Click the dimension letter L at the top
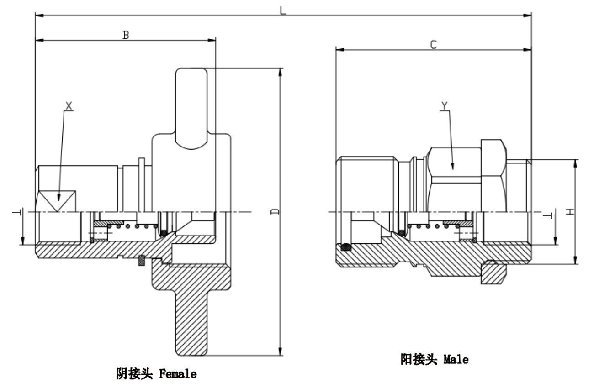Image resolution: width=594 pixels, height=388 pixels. pyautogui.click(x=283, y=10)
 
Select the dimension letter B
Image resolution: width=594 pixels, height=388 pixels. pyautogui.click(x=126, y=35)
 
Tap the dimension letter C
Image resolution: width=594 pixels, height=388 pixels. pyautogui.click(x=434, y=44)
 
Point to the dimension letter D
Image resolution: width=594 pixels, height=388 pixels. pyautogui.click(x=275, y=211)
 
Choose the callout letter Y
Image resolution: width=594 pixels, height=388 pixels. pyautogui.click(x=445, y=106)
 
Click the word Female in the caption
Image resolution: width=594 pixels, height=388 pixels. pyautogui.click(x=178, y=375)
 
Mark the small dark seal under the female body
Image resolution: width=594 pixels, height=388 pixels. pyautogui.click(x=142, y=261)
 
